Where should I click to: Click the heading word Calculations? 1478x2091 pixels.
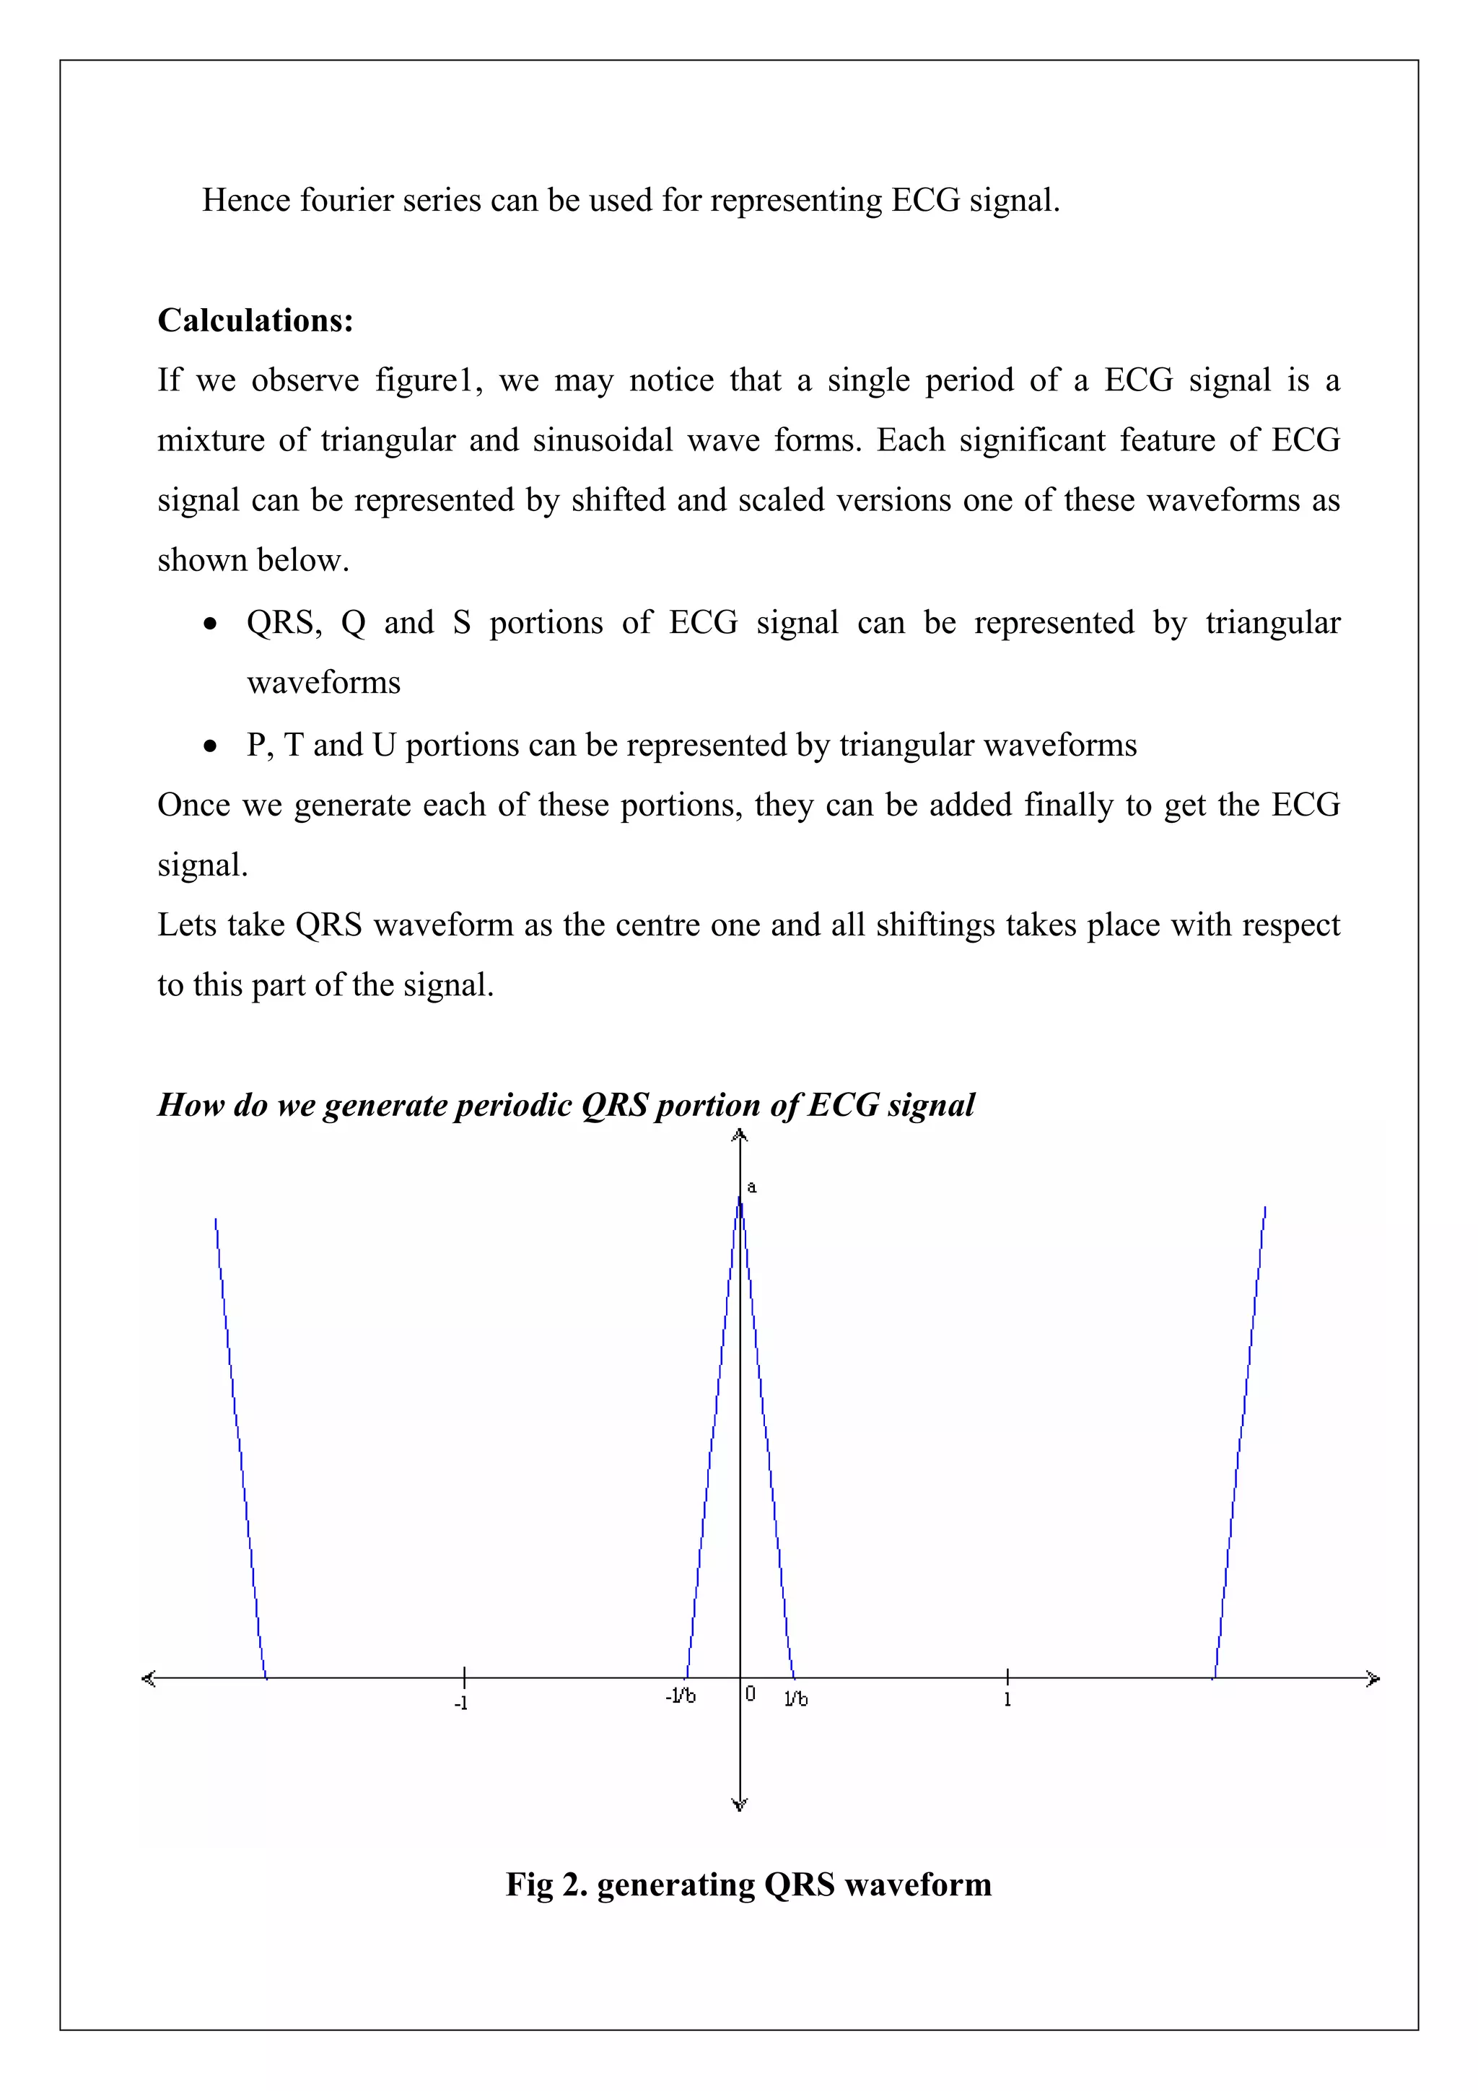click(x=255, y=320)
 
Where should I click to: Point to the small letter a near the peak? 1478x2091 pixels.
click(x=751, y=1187)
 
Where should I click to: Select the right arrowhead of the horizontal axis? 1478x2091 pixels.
click(x=1374, y=1678)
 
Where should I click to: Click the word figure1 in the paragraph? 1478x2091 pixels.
click(x=427, y=380)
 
